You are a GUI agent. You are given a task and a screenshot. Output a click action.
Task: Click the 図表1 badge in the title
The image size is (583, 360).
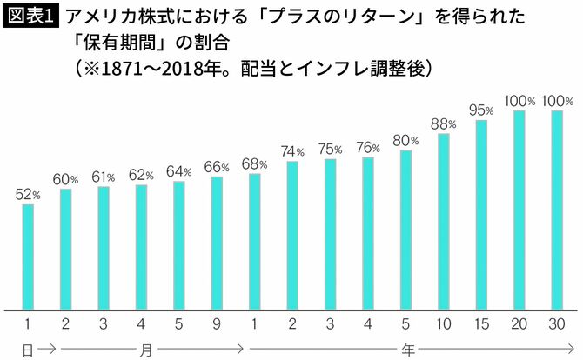click(30, 17)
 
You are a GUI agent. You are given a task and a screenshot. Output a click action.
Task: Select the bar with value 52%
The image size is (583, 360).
click(28, 257)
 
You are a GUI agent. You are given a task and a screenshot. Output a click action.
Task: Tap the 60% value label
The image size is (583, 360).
click(65, 179)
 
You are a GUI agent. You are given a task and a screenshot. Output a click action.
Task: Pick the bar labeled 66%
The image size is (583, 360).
click(217, 243)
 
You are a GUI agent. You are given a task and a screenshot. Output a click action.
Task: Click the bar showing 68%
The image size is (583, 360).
click(254, 241)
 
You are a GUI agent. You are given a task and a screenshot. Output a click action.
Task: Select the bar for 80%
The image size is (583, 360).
click(405, 230)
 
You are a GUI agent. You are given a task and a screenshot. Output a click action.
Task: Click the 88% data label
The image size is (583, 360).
click(444, 123)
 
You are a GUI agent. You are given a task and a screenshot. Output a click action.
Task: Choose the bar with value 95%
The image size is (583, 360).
click(481, 214)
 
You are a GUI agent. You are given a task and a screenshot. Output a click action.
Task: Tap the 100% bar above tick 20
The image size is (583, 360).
click(519, 210)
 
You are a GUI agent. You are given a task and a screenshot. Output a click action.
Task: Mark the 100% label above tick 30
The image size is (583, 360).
click(557, 101)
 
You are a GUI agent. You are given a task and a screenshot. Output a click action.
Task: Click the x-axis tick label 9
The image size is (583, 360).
click(217, 325)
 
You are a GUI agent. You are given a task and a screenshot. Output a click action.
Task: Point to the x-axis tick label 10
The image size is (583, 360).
click(444, 325)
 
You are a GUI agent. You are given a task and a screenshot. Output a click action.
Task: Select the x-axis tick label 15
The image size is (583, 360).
click(481, 325)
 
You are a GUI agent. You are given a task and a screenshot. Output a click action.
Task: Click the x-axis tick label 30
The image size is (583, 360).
click(557, 325)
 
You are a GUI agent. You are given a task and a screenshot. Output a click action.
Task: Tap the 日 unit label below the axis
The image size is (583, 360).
click(27, 349)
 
